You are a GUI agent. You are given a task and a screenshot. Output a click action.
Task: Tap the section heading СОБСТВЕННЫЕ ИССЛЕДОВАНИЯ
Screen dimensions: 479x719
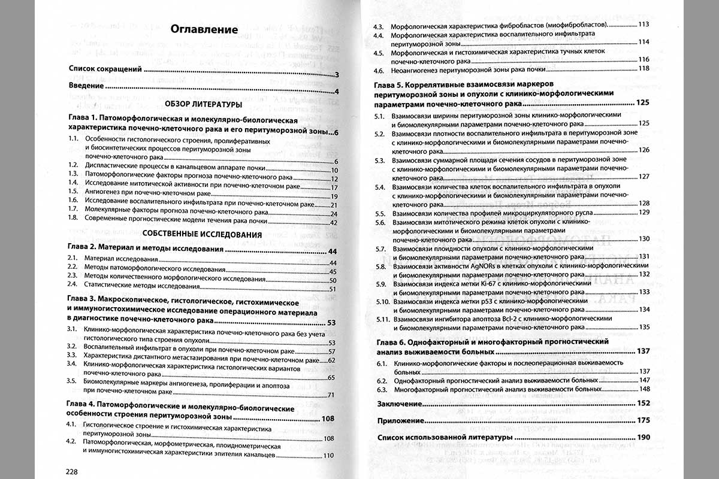pyautogui.click(x=203, y=234)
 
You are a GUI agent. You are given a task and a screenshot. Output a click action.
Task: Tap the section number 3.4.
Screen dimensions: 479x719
pyautogui.click(x=73, y=363)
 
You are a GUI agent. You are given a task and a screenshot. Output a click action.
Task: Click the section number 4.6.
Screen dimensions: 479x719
pyautogui.click(x=379, y=68)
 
